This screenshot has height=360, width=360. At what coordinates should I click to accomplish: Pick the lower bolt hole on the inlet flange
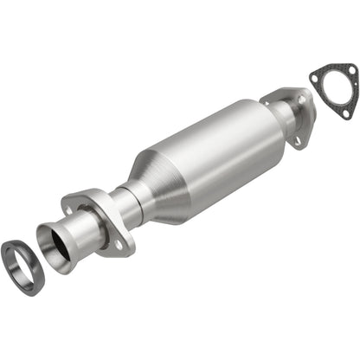tap(119, 245)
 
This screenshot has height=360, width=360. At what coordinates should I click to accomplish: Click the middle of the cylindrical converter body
tap(221, 147)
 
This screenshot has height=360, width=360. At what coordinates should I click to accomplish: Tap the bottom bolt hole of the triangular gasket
tap(344, 113)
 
